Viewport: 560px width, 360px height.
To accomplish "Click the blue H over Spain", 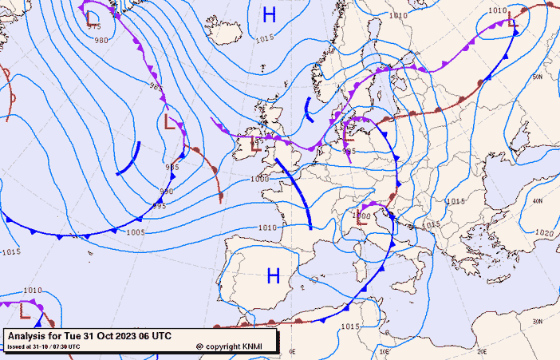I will pyautogui.click(x=273, y=276).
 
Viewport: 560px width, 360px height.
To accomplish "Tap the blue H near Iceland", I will pyautogui.click(x=270, y=14).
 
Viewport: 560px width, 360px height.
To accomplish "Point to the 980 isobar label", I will pyautogui.click(x=101, y=40).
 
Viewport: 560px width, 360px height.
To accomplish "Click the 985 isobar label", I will pyautogui.click(x=156, y=87).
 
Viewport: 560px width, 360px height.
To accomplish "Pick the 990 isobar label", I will pyautogui.click(x=167, y=192).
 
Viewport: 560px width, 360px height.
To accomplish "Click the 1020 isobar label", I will pyautogui.click(x=543, y=233).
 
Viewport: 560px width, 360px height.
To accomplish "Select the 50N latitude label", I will pyautogui.click(x=538, y=77).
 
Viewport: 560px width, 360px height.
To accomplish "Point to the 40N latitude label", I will pyautogui.click(x=538, y=201).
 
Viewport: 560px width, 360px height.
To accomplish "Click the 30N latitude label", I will pyautogui.click(x=538, y=321).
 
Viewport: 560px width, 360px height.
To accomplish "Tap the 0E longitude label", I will pyautogui.click(x=292, y=351).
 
